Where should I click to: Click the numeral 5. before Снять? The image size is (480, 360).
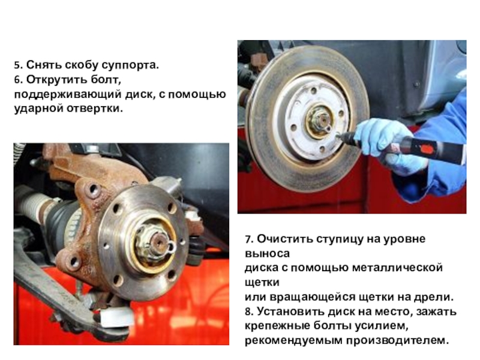click(x=19, y=65)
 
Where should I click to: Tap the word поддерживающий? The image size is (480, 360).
click(x=68, y=94)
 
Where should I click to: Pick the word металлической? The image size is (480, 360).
click(x=397, y=268)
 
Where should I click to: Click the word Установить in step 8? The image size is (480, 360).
click(x=290, y=311)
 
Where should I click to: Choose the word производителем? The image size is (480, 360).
click(x=397, y=341)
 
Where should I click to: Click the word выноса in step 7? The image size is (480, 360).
click(x=267, y=254)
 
